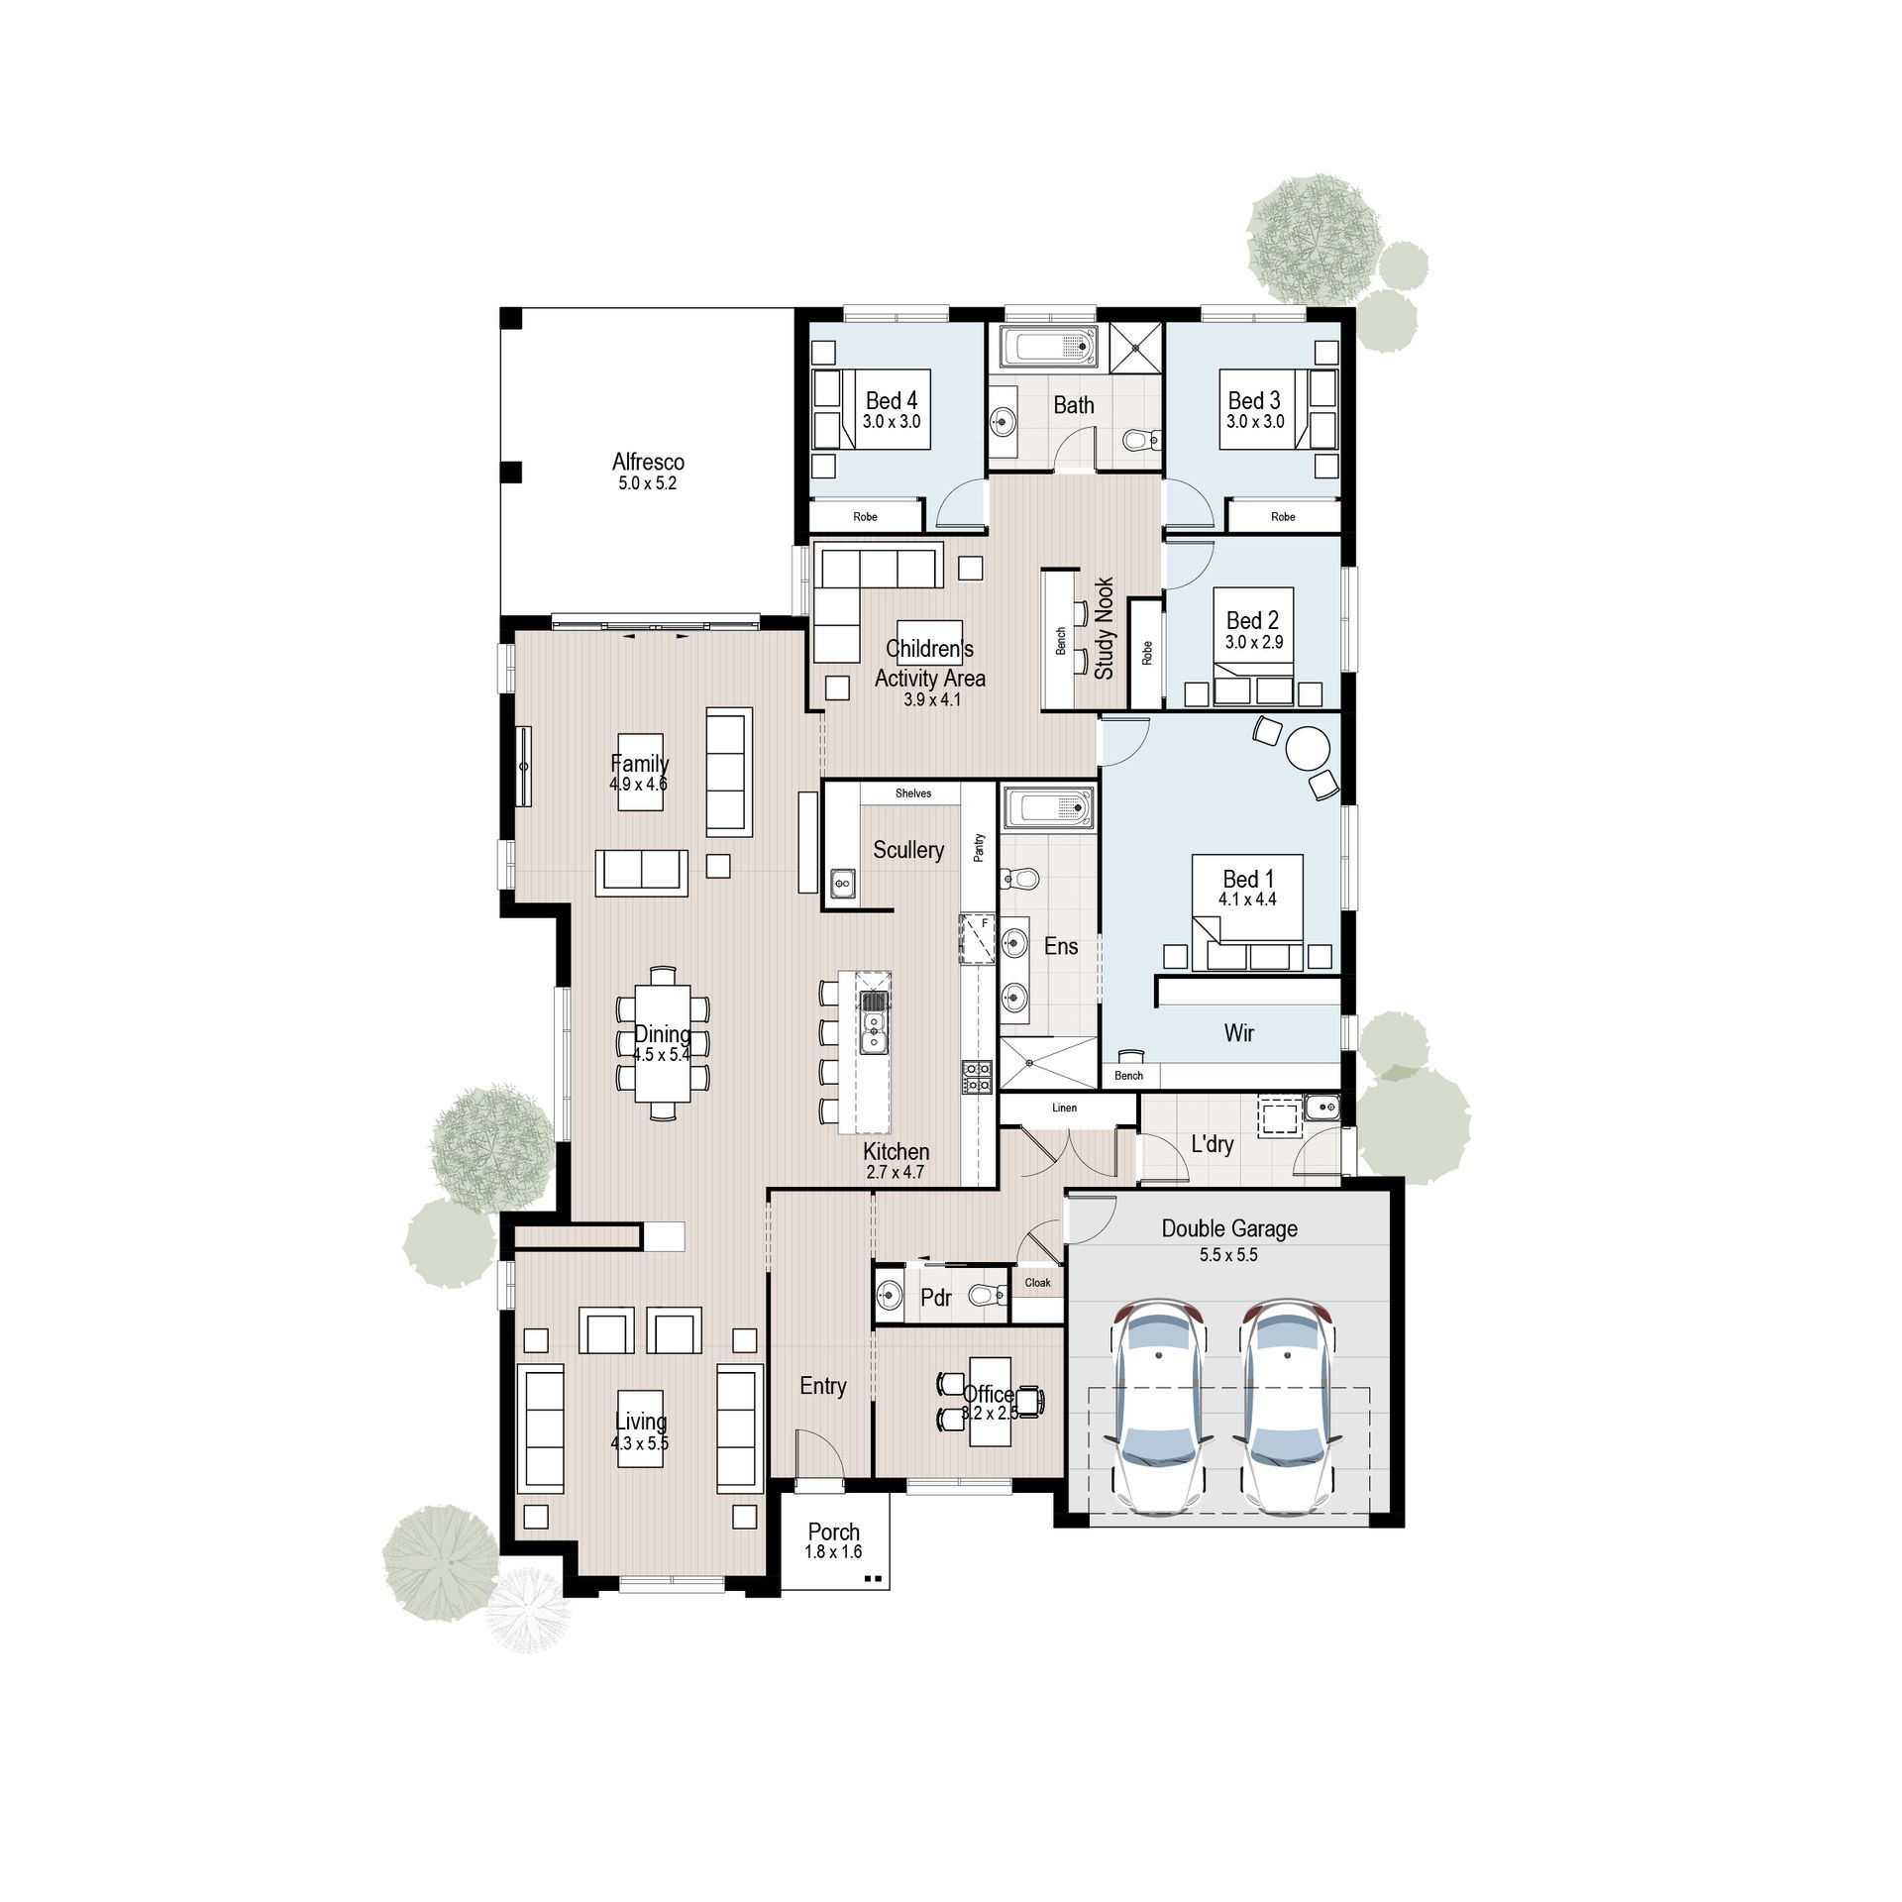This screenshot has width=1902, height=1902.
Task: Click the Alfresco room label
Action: (648, 462)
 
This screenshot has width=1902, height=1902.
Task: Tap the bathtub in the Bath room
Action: (1048, 348)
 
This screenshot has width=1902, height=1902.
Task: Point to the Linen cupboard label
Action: (1064, 1108)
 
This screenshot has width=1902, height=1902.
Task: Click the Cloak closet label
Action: (1037, 1283)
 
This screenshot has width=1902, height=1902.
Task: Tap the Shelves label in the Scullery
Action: (912, 793)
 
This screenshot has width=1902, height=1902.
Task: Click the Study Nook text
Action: (1105, 628)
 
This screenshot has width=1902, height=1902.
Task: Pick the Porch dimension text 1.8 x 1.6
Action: (833, 1552)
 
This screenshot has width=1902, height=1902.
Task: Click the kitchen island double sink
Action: (874, 1022)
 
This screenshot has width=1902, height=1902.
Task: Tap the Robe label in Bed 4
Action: (865, 517)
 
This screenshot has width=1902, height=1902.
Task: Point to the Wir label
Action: (1238, 1033)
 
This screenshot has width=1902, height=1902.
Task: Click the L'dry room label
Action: (1212, 1144)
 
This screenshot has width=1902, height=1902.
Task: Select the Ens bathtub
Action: (1048, 808)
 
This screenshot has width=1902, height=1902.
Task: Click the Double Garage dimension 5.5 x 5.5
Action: (1228, 1254)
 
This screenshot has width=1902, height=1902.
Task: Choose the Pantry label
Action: (979, 848)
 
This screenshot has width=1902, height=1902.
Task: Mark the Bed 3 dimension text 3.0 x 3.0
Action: (1255, 421)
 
